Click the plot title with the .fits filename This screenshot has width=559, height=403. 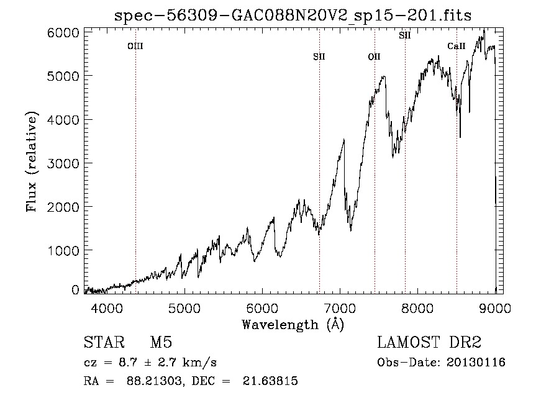coord(293,16)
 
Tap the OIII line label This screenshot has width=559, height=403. coord(135,46)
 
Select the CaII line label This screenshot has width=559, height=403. coord(457,46)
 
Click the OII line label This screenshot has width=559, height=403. coord(375,57)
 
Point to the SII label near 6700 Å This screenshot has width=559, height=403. coord(319,57)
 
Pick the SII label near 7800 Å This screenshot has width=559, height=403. coord(404,35)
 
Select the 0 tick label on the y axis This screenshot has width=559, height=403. coord(75,290)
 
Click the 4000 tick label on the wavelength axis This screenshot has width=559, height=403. coord(107,308)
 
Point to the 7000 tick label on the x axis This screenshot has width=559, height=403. coord(340,308)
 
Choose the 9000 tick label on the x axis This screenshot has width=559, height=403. coord(495,308)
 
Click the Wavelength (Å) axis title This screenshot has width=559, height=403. coord(293,325)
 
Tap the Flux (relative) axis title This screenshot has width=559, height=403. coord(32,161)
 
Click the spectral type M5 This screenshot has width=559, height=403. coord(161,342)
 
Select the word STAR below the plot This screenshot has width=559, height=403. coord(104,342)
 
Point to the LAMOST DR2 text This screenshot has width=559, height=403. coord(429,342)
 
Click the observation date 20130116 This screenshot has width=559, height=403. coord(476,363)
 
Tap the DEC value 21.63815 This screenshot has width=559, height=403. coord(270,381)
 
